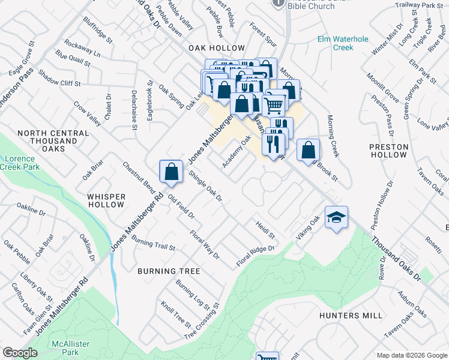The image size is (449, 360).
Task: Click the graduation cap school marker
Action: tap(337, 218)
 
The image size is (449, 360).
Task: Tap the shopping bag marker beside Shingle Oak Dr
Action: tap(172, 172)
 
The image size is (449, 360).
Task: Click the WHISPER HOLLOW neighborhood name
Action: tap(106, 200)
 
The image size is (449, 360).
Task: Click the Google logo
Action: tap(20, 352)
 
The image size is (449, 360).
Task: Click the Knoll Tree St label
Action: tap(175, 317)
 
